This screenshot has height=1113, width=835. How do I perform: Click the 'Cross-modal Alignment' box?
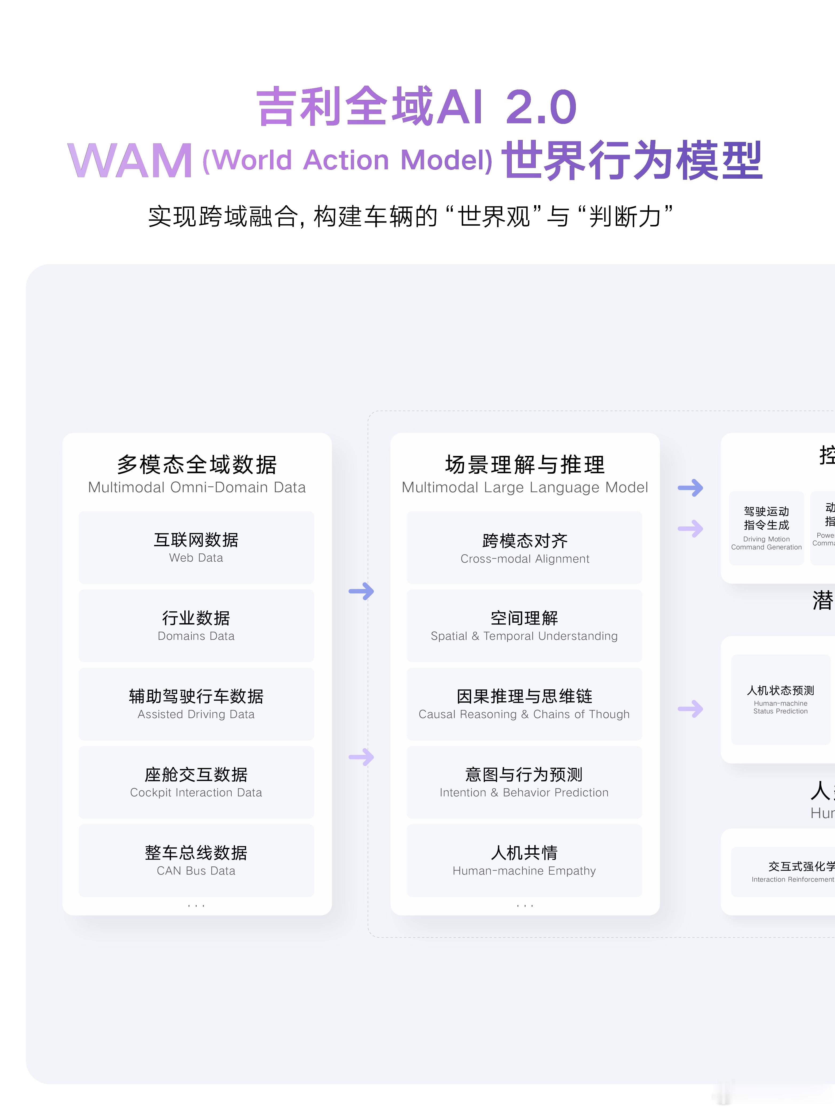524,548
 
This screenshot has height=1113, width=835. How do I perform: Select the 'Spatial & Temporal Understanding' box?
524,626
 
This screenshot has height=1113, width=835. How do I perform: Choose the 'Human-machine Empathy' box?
524,860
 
